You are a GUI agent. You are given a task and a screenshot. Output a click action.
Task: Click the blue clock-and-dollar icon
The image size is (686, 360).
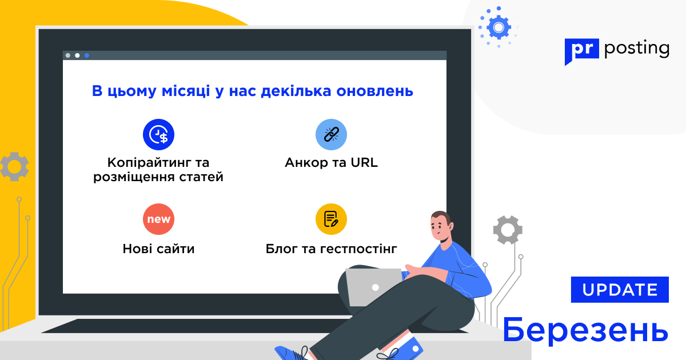click(158, 134)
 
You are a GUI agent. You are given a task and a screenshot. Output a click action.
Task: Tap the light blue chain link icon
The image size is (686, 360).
click(331, 134)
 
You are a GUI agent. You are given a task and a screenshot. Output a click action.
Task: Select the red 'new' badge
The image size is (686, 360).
click(158, 219)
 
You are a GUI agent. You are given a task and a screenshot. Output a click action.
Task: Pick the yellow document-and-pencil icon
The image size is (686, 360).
click(331, 219)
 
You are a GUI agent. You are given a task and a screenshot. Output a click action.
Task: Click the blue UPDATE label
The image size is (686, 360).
click(620, 290)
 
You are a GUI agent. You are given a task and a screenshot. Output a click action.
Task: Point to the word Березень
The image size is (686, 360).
click(585, 330)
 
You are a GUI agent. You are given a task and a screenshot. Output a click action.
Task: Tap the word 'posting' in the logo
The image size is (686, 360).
click(637, 49)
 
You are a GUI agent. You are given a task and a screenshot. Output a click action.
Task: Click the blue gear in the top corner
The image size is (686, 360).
click(498, 27)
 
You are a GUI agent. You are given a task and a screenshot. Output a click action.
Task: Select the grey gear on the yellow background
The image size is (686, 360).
click(14, 166)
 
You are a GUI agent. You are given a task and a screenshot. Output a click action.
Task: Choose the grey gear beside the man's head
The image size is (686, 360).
click(508, 230)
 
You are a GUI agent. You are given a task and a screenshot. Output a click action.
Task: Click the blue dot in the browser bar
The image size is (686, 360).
click(87, 55)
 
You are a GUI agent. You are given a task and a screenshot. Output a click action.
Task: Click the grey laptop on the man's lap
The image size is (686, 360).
click(374, 286)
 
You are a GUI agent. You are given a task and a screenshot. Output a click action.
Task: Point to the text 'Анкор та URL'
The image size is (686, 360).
click(331, 163)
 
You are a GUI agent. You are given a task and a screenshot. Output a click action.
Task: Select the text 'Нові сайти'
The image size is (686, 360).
click(158, 249)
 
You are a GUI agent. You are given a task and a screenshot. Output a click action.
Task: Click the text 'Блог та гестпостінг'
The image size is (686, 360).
click(331, 249)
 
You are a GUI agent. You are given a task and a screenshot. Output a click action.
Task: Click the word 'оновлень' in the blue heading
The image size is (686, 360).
click(375, 91)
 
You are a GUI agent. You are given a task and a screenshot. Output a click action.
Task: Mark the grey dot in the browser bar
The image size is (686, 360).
click(68, 55)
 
